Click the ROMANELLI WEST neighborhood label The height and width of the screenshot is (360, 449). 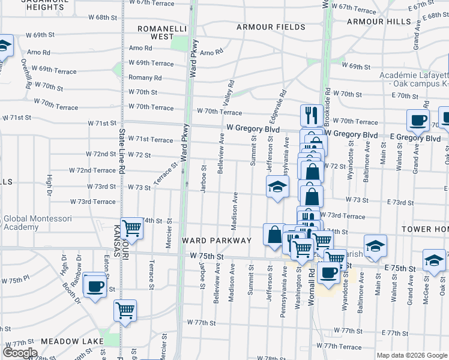coord(155,32)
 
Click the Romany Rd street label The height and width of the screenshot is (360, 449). coord(145,78)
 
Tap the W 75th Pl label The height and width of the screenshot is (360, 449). coord(15,280)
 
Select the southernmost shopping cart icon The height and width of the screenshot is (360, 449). coord(125,311)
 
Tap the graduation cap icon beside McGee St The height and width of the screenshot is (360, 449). coord(434,260)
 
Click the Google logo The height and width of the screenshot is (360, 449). coord(20,352)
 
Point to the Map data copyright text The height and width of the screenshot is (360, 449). coord(411,355)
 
